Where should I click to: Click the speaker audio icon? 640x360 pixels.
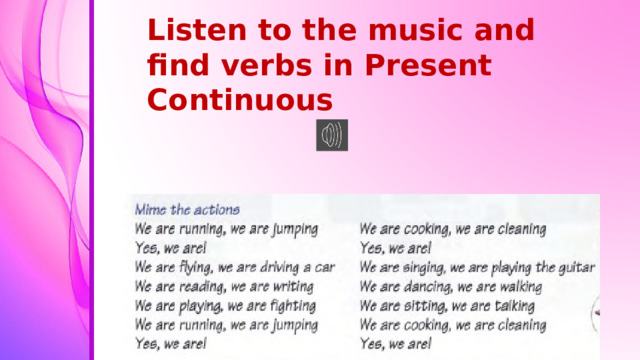point(332,135)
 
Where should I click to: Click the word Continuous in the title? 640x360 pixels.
point(239,100)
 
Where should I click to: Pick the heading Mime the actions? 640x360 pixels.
point(187,211)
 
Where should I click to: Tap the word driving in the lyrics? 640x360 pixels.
point(284,268)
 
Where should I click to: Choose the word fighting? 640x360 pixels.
point(287,306)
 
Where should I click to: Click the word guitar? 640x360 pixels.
point(575,268)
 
